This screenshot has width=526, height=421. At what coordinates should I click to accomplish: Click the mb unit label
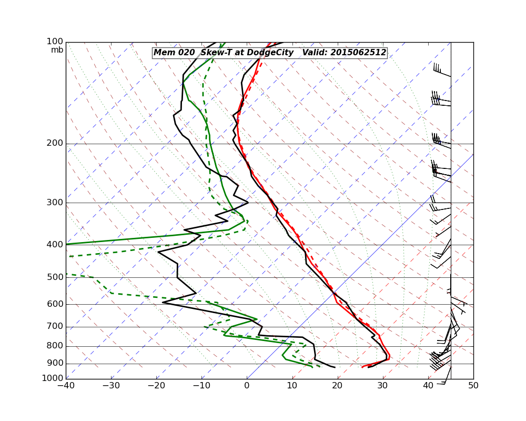[x=57, y=50]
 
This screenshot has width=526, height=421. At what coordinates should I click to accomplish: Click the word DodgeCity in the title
[x=270, y=53]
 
